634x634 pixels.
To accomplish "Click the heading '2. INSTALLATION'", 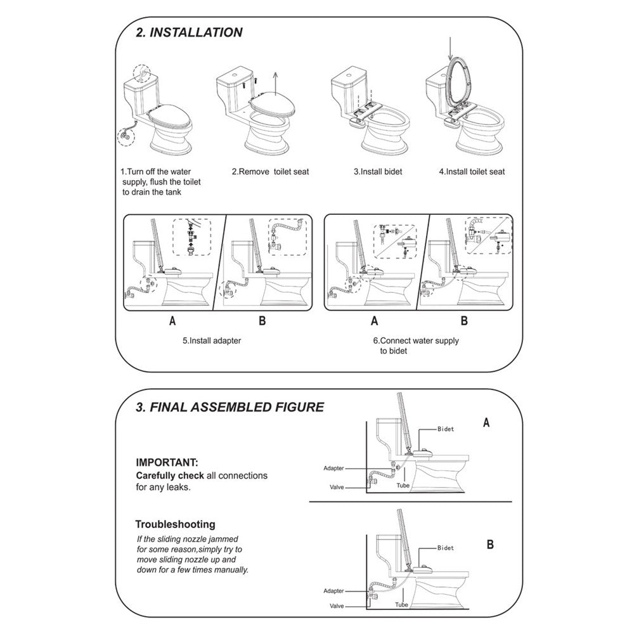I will click(x=190, y=32).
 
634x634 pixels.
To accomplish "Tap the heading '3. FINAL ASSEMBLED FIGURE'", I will click(x=230, y=407).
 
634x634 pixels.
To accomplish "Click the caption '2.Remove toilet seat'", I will click(x=270, y=172).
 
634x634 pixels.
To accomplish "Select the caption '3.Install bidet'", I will click(x=378, y=172).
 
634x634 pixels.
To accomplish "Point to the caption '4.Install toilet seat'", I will click(x=472, y=172).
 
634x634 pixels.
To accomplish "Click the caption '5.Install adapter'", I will click(x=212, y=340).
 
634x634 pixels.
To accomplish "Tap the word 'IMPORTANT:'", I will click(x=167, y=463).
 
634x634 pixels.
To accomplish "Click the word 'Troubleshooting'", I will click(x=176, y=524).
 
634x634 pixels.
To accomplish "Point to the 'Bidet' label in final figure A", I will click(x=445, y=429).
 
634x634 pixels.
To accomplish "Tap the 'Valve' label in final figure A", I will click(x=337, y=488).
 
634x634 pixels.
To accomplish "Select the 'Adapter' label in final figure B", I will click(x=333, y=590).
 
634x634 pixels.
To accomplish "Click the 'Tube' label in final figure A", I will click(x=403, y=485).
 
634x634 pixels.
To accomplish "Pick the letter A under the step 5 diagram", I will click(x=172, y=321).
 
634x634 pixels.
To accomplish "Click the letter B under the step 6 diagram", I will click(x=464, y=321).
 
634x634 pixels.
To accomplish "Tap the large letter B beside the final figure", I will click(x=490, y=545).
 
